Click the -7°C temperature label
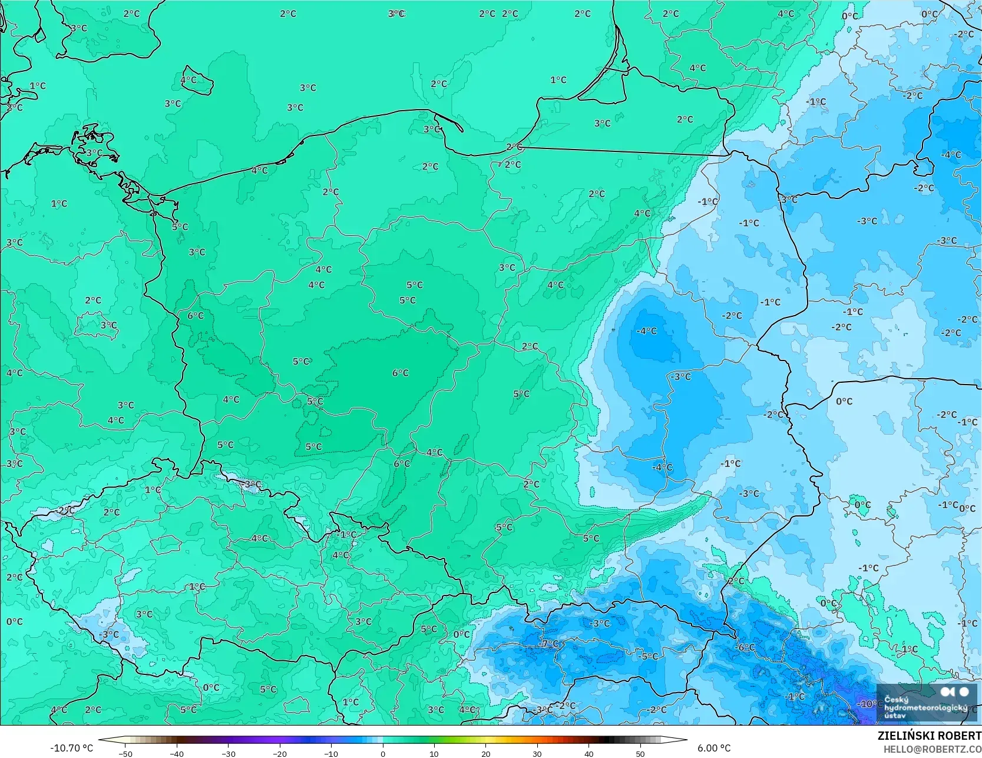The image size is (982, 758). point(550,643)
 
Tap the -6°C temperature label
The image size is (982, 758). point(745,647)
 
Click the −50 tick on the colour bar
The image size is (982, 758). point(125,753)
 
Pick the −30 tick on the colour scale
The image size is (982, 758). point(228,753)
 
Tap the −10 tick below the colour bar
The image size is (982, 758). point(331,753)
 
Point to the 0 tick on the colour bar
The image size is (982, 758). point(383,753)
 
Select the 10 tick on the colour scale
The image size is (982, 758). point(434,753)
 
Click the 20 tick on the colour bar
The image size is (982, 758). point(485,753)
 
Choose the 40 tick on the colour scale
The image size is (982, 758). point(588,753)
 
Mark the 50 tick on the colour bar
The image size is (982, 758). point(640,753)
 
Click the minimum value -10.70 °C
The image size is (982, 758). point(71,748)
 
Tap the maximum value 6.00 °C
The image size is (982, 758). point(714,748)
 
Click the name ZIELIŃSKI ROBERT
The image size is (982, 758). point(929,736)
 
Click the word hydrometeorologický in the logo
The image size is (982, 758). point(925,707)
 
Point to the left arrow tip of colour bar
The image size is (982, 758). point(100,740)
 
